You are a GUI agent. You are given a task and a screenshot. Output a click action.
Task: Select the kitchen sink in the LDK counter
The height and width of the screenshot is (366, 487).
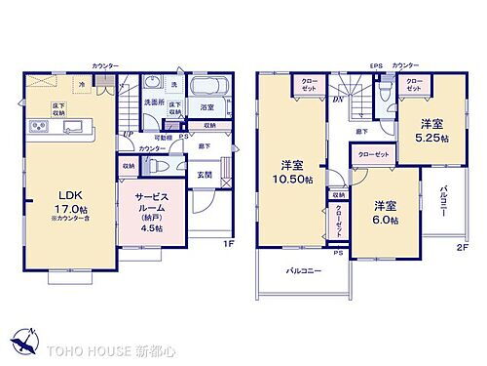76,127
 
